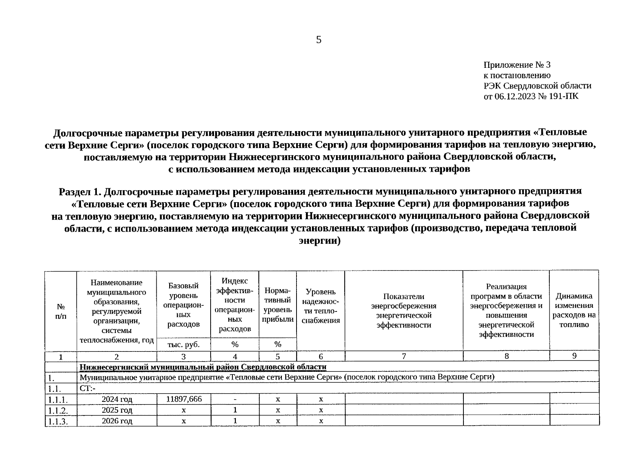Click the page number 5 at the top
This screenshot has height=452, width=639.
point(319,40)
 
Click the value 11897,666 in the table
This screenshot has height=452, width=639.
point(184,399)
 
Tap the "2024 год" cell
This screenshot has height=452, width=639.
point(117,399)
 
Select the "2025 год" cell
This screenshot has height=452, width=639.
point(117,410)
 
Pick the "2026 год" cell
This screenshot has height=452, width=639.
point(117,421)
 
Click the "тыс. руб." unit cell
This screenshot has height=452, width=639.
point(183,344)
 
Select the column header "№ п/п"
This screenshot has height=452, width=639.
point(60,311)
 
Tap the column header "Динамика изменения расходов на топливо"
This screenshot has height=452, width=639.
point(574,310)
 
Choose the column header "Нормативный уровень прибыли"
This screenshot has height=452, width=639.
point(278,305)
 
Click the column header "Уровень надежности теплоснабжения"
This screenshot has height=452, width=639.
point(321,306)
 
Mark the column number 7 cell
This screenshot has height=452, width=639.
point(404,356)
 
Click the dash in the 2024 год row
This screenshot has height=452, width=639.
point(235,399)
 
